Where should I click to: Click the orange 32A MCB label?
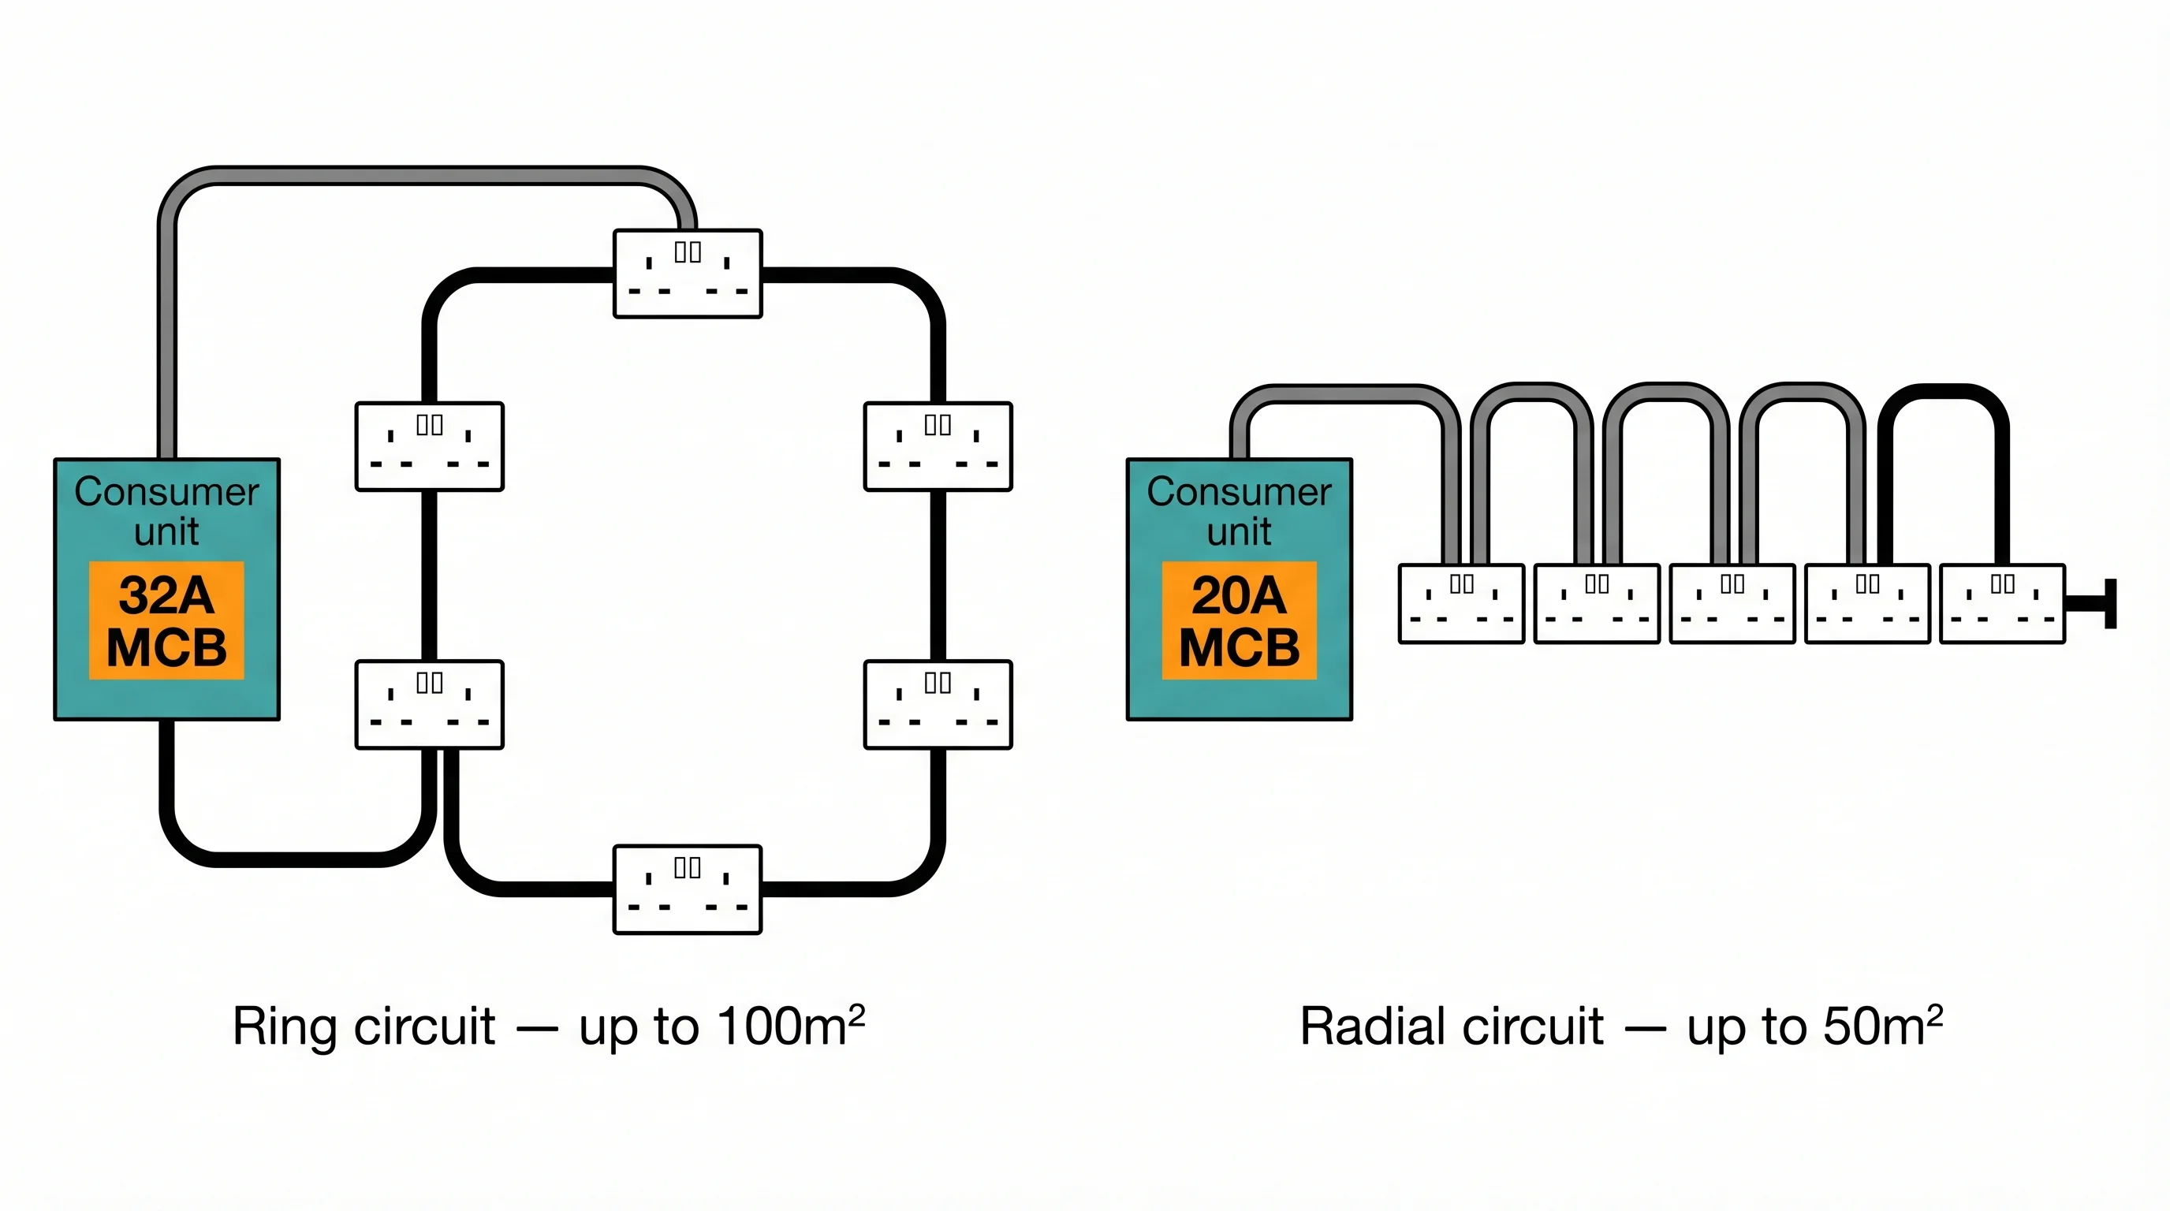point(166,620)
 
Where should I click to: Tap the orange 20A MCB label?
point(1238,620)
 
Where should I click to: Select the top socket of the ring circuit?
point(688,274)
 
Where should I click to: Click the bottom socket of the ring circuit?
point(688,889)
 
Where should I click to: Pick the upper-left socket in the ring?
point(430,446)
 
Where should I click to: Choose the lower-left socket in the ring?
point(430,704)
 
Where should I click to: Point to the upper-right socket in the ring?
point(938,446)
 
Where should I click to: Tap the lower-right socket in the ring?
point(938,704)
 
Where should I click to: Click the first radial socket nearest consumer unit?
point(1460,604)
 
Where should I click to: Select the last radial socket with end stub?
point(2002,604)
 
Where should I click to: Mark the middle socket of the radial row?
point(1732,604)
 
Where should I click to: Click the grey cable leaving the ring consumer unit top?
point(167,337)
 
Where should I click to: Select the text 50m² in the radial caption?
point(1882,1026)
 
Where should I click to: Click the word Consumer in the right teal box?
point(1238,492)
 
